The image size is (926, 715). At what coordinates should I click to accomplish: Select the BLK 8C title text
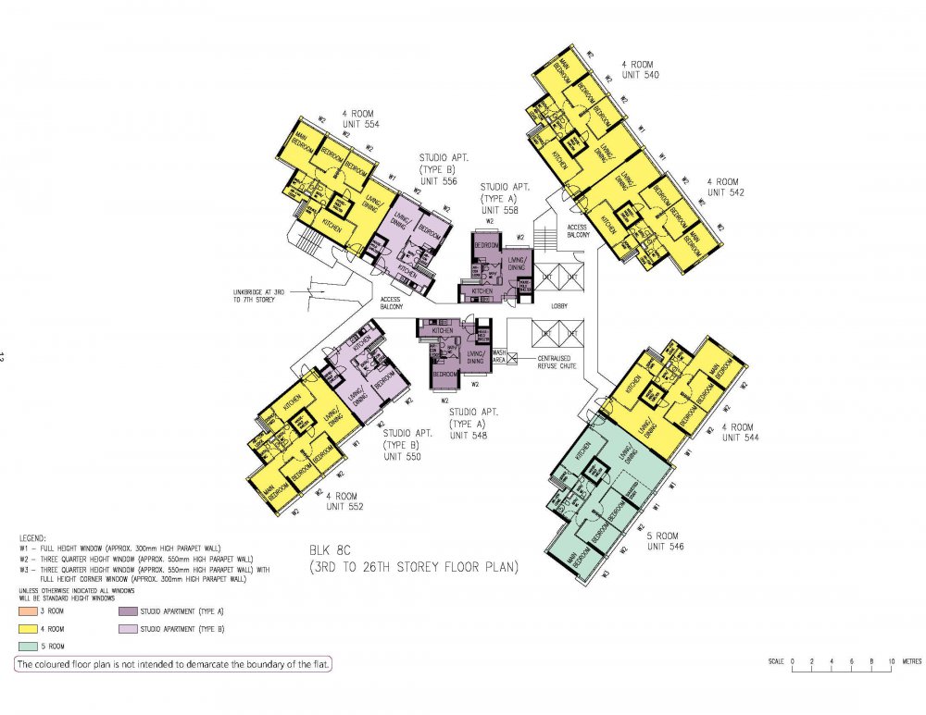click(412, 558)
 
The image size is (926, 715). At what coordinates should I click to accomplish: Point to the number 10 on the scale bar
click(892, 661)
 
